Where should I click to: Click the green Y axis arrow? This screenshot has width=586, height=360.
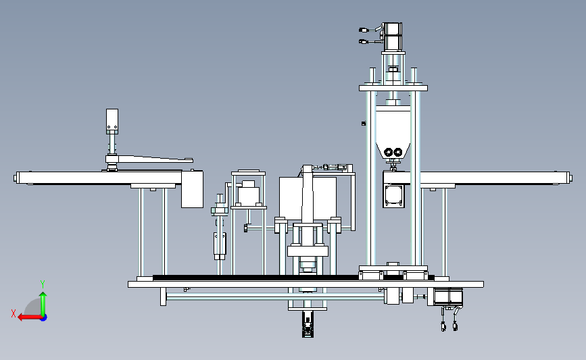[x=43, y=304]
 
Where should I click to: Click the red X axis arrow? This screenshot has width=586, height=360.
[x=30, y=317]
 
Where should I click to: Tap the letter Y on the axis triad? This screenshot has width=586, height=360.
[x=43, y=284]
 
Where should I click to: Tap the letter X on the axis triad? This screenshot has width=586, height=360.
[x=14, y=313]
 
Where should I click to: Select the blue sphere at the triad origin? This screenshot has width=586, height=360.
[x=44, y=317]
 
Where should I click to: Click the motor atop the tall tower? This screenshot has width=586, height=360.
[x=393, y=37]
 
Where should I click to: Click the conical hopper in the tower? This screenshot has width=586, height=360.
[x=393, y=132]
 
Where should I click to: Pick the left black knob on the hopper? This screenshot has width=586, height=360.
[x=388, y=152]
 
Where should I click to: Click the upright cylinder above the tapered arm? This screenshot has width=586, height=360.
[x=112, y=122]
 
